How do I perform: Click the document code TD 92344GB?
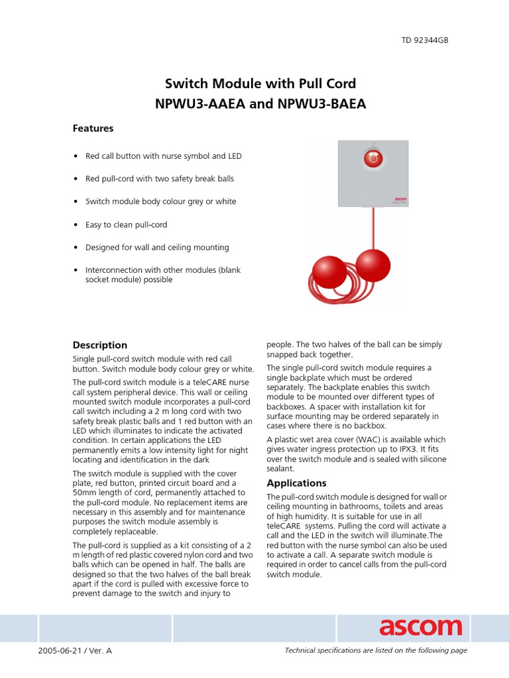coord(425,40)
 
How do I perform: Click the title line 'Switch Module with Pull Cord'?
coord(260,83)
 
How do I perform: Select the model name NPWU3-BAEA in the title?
coord(325,104)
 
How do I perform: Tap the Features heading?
coord(93,128)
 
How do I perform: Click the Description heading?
coord(99,345)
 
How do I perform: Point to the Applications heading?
coord(296,483)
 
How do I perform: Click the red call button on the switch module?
coord(373,159)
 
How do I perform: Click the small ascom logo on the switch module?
coord(399,198)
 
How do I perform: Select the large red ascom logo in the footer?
coord(420,627)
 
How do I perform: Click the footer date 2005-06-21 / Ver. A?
coord(76,651)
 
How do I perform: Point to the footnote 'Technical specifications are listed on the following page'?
coord(376,651)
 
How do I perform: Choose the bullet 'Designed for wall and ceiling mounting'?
coord(157,247)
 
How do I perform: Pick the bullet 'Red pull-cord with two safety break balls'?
coord(159,179)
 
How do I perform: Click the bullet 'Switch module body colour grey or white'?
coord(160,201)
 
